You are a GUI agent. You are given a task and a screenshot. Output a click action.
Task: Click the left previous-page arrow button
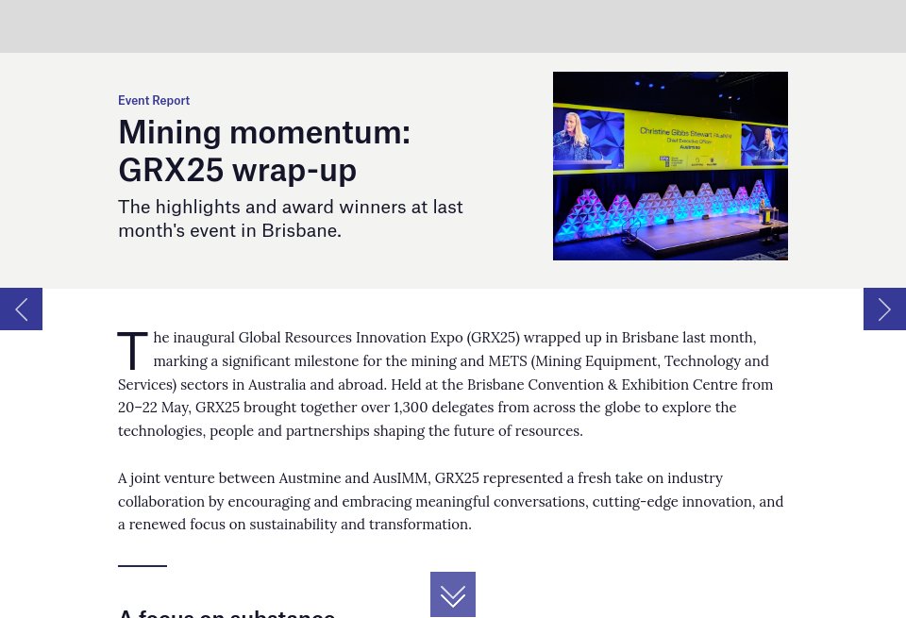coord(21,309)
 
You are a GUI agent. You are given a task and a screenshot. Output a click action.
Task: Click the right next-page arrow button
coord(884,309)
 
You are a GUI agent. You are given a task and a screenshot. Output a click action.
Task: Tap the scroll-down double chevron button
coord(453,594)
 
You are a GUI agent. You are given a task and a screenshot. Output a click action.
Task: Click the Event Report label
coord(154,101)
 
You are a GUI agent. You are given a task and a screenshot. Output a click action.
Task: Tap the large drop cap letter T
coord(132,351)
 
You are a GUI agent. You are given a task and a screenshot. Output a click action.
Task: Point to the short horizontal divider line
coord(143,566)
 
